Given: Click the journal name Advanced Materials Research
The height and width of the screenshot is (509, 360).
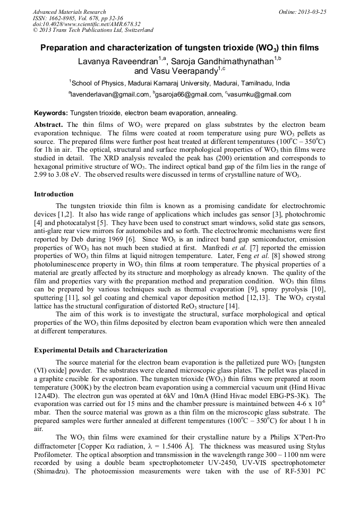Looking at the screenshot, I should (x=69, y=11).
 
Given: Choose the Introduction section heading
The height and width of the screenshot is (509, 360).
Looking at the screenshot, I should (x=54, y=194).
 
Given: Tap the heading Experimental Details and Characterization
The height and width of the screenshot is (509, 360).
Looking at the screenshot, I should (x=100, y=350).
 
